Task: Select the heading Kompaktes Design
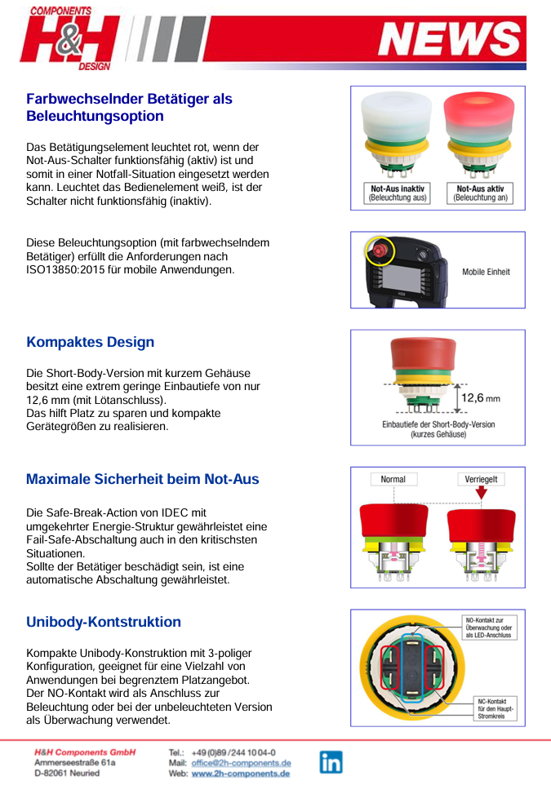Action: click(x=90, y=342)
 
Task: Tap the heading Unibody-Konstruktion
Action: click(x=104, y=622)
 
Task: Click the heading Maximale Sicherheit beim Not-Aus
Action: click(x=143, y=479)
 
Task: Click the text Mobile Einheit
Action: click(x=486, y=272)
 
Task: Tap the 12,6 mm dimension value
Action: click(x=481, y=398)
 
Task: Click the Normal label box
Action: click(x=393, y=479)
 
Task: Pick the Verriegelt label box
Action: click(x=481, y=479)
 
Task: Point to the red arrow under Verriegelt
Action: click(x=481, y=494)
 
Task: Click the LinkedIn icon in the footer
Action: click(x=331, y=762)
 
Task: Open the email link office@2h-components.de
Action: click(x=241, y=763)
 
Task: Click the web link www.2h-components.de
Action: click(x=241, y=774)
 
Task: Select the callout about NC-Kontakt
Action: click(x=497, y=707)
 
